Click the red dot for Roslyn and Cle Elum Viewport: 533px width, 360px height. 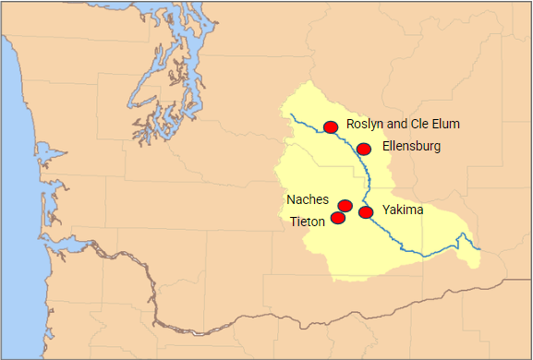click(x=331, y=127)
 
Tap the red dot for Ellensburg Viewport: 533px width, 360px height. click(x=364, y=149)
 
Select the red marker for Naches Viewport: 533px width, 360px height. click(x=345, y=205)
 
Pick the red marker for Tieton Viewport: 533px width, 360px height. click(x=338, y=218)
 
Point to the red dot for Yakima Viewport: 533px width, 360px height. click(x=366, y=212)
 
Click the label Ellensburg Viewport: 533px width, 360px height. click(x=411, y=146)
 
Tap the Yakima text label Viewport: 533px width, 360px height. click(x=403, y=210)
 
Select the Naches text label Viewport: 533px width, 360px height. click(x=307, y=199)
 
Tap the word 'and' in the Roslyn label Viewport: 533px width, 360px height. click(x=394, y=124)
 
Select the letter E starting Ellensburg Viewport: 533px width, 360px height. click(x=385, y=146)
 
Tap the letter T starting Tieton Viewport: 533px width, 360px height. click(x=294, y=222)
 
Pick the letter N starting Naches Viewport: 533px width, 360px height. click(x=291, y=199)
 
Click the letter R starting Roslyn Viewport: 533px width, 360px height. click(x=350, y=124)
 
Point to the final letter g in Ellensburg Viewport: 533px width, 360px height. click(x=437, y=148)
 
